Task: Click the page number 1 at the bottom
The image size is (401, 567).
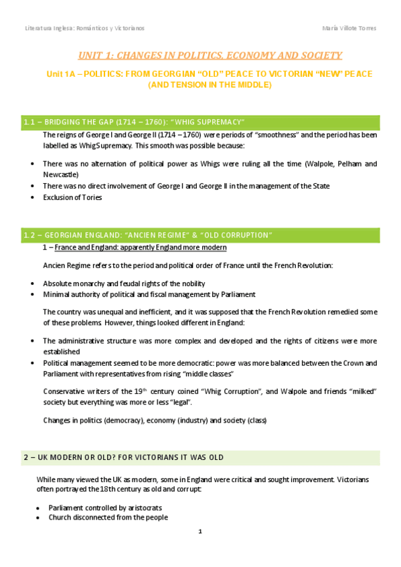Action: click(x=200, y=532)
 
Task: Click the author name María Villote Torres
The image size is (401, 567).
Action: click(x=349, y=28)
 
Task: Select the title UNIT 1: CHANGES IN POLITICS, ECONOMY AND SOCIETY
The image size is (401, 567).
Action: click(x=210, y=55)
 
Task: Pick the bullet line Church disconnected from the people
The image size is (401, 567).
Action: click(x=108, y=517)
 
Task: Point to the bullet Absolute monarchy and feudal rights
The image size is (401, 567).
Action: click(x=124, y=283)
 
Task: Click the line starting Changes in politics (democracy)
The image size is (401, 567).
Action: click(x=155, y=421)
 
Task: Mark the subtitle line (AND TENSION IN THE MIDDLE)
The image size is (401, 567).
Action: click(x=210, y=86)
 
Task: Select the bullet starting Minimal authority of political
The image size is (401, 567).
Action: click(x=149, y=294)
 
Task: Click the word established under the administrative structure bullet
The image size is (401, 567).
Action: click(x=62, y=351)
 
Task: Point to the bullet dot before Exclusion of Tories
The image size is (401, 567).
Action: click(x=33, y=198)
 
